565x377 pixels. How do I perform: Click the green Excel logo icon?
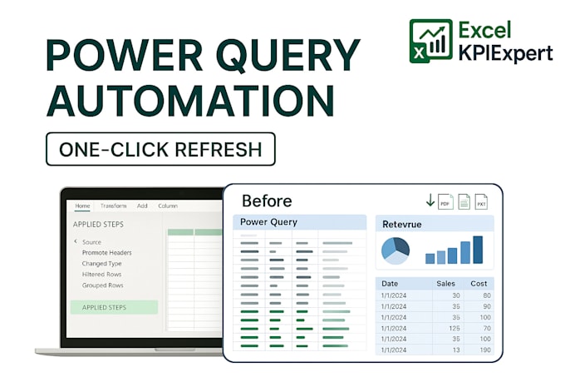tap(431, 42)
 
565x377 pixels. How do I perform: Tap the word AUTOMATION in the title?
tap(190, 102)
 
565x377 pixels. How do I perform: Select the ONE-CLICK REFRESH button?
tap(160, 149)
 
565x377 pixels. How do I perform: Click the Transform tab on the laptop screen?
tap(113, 206)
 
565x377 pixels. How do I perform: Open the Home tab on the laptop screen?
tap(82, 206)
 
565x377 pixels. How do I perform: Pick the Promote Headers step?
tap(106, 252)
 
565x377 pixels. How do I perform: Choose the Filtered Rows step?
tap(101, 274)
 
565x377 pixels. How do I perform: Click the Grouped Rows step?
tap(102, 285)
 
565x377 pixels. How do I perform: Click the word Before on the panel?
tap(267, 201)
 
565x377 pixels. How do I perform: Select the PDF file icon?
tap(445, 201)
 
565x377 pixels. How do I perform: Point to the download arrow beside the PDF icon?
tap(430, 201)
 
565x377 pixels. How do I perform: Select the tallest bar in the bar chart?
tap(478, 250)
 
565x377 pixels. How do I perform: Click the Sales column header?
tap(445, 284)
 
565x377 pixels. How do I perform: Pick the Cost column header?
tap(479, 284)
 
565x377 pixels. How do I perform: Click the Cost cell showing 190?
tap(483, 350)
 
